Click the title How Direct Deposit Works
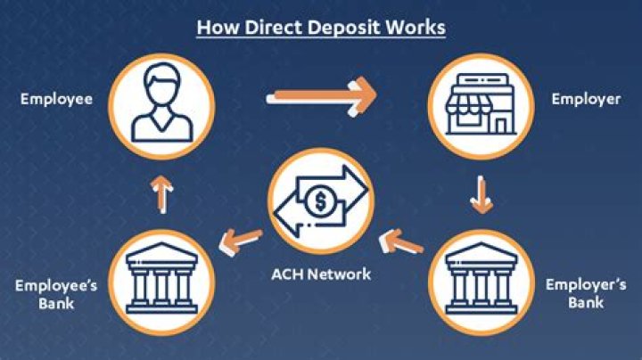click(320, 27)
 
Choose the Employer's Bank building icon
click(481, 277)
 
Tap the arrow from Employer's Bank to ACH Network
click(400, 240)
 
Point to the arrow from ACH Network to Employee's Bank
click(242, 238)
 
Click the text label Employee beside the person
click(56, 99)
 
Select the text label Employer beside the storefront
click(586, 99)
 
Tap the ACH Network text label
click(320, 274)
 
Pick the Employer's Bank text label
click(586, 293)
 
